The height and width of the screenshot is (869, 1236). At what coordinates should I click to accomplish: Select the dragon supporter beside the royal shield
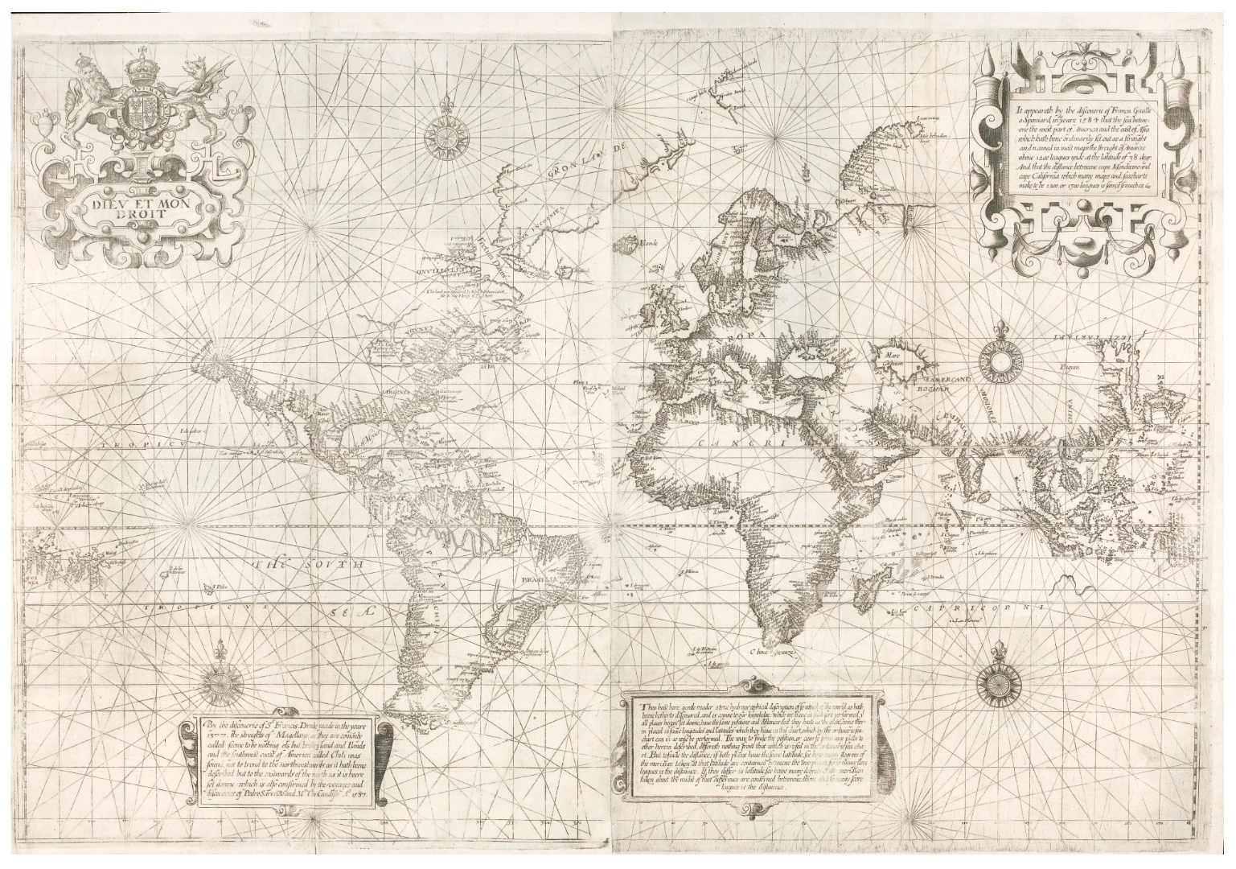(195, 89)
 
